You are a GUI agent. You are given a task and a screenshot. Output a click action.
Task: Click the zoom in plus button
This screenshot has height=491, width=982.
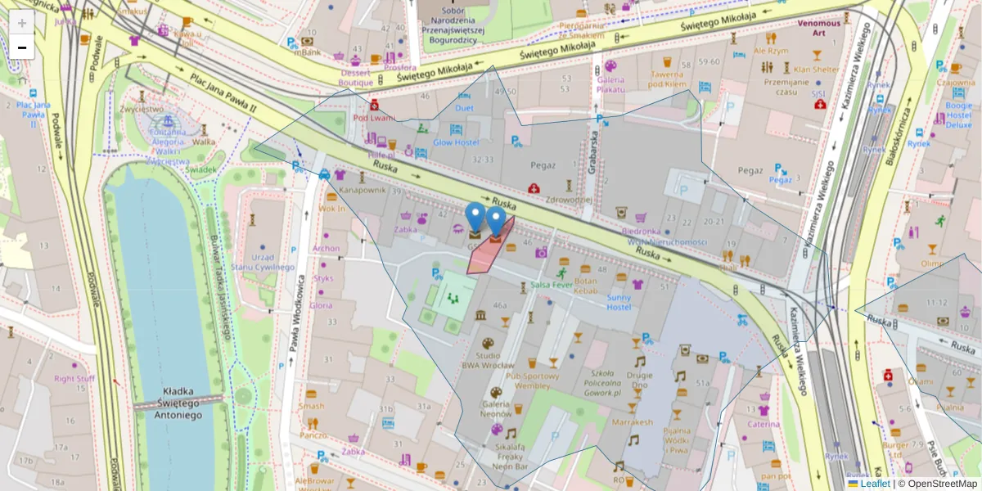coord(22,23)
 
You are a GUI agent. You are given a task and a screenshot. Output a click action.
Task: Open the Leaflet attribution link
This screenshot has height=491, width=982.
coord(875,484)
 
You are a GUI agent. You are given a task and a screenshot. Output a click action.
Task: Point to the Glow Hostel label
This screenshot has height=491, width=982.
coord(455,142)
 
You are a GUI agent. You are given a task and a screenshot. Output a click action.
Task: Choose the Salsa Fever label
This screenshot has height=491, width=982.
coord(552,286)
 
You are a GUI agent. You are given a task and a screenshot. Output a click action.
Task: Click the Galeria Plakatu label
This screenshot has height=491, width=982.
coord(610,84)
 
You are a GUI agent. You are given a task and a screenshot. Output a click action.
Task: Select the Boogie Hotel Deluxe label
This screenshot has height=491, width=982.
coord(958,115)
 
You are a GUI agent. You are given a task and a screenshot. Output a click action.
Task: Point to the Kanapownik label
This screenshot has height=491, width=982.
coord(362,190)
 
